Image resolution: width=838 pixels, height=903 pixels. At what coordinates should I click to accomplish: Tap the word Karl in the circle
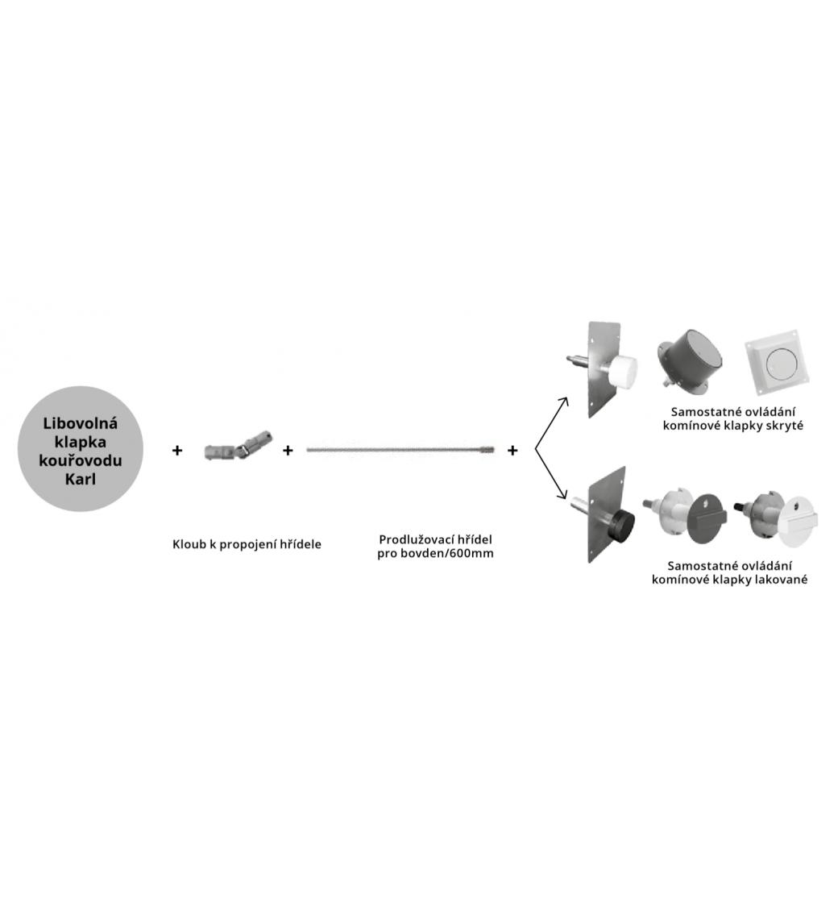81,479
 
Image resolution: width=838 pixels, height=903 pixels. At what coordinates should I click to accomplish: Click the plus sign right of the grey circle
177,450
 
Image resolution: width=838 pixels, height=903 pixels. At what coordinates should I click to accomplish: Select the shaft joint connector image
239,447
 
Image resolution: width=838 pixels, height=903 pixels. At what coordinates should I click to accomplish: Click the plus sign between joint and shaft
288,450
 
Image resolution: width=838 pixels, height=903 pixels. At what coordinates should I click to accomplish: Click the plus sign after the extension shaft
512,450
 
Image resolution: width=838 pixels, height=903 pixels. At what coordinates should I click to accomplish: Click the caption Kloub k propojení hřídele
247,544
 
